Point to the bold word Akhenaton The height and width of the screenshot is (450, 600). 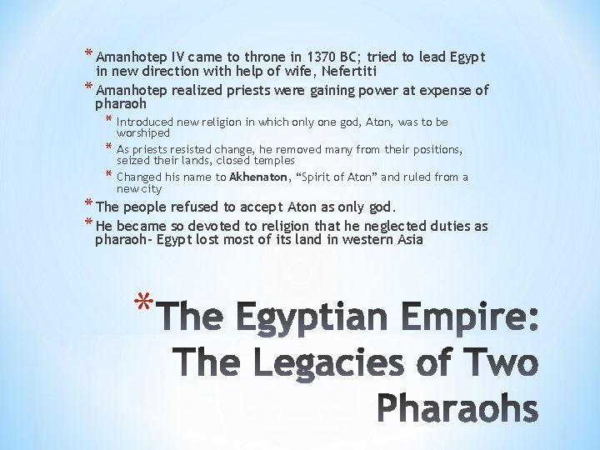[x=258, y=177]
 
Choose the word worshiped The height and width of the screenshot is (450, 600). [x=143, y=133]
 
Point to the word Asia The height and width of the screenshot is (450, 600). [x=408, y=240]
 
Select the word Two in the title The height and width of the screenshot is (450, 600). [x=496, y=364]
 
